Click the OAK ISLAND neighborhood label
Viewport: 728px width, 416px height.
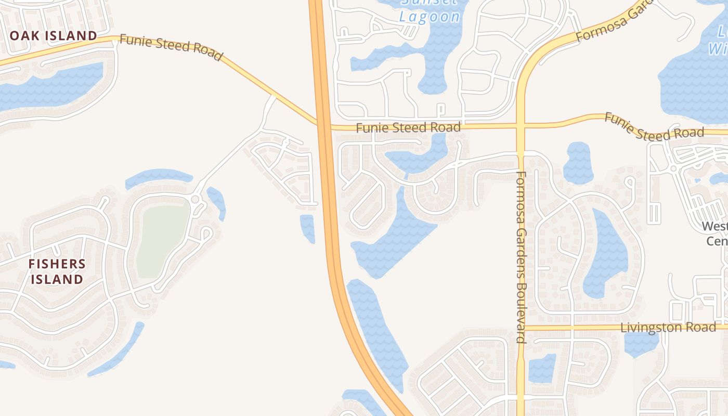pyautogui.click(x=54, y=36)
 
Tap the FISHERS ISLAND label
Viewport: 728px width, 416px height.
pyautogui.click(x=57, y=271)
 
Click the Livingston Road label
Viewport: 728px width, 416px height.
pyautogui.click(x=669, y=328)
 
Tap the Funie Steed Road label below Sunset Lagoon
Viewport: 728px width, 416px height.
pyautogui.click(x=408, y=127)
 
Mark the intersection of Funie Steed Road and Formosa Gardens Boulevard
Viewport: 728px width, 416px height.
pyautogui.click(x=521, y=125)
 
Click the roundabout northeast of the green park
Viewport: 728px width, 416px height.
pyautogui.click(x=196, y=199)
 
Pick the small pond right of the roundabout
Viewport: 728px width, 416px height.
pyautogui.click(x=217, y=202)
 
